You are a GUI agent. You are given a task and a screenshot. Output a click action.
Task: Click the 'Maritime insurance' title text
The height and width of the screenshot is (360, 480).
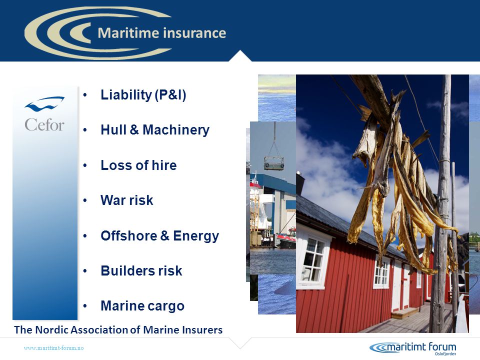click(162, 33)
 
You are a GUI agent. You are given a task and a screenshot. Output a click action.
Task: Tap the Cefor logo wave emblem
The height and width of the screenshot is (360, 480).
click(44, 104)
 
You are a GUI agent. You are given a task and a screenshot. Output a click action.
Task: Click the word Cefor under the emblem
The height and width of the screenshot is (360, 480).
click(44, 124)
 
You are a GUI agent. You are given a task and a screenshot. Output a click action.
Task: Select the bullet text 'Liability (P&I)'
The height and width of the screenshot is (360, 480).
click(143, 95)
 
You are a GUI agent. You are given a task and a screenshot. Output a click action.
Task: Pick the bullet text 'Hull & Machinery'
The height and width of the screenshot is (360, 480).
click(155, 130)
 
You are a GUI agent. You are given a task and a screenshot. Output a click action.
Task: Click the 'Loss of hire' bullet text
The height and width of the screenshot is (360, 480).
click(138, 165)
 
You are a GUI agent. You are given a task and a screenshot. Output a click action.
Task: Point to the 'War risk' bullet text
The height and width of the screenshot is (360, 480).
click(126, 200)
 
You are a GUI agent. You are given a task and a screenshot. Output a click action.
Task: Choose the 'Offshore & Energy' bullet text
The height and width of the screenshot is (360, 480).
click(160, 236)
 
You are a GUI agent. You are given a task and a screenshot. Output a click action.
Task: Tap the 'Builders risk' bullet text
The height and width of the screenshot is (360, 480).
click(141, 271)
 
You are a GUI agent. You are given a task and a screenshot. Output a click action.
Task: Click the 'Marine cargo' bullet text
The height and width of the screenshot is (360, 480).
click(142, 306)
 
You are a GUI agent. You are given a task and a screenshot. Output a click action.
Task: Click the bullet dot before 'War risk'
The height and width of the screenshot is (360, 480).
click(85, 201)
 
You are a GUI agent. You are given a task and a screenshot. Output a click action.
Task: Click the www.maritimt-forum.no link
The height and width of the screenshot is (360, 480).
click(53, 348)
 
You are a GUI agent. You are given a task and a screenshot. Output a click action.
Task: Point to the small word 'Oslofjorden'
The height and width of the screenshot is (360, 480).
click(445, 354)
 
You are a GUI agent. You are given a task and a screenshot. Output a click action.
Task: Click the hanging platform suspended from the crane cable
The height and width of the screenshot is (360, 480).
click(273, 163)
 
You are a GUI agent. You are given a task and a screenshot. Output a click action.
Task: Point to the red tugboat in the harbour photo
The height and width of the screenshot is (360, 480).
click(286, 238)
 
